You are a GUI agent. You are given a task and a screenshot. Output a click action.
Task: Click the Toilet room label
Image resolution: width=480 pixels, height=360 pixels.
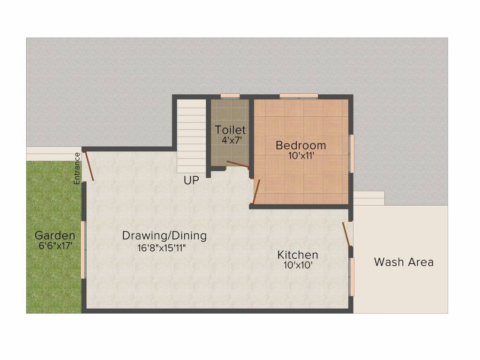click(x=230, y=129)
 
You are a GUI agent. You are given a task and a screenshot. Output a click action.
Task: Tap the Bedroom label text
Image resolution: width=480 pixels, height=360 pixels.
click(x=300, y=145)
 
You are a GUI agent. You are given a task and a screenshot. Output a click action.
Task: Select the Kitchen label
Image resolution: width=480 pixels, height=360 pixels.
click(x=298, y=255)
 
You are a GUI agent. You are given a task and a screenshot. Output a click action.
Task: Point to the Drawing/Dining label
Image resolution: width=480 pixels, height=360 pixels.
click(x=164, y=235)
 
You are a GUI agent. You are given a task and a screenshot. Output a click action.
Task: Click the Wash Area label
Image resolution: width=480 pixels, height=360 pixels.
click(x=404, y=262)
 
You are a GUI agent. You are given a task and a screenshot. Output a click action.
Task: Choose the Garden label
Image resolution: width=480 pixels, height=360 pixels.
click(x=55, y=235)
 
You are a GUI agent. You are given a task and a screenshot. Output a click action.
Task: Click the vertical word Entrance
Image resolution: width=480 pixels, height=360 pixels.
click(x=77, y=168)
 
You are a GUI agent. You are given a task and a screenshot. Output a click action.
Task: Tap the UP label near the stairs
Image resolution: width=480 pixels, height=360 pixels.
click(x=191, y=180)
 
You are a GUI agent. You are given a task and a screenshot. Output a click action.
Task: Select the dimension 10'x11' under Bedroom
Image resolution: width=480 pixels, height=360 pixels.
click(x=301, y=155)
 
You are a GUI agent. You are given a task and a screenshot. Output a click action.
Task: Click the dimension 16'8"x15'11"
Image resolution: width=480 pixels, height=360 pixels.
click(x=162, y=248)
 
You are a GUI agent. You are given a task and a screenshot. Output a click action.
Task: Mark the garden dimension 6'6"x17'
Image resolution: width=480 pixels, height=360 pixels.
click(x=55, y=246)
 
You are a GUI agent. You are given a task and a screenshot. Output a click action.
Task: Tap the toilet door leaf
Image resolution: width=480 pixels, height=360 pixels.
click(x=237, y=164)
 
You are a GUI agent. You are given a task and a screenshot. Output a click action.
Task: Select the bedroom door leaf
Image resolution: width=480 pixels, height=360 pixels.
click(x=256, y=192)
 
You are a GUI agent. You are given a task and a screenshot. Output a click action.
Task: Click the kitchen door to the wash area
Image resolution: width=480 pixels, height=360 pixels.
click(x=346, y=234)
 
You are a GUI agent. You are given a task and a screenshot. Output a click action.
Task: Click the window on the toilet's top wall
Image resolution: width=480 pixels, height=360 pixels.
click(x=230, y=96)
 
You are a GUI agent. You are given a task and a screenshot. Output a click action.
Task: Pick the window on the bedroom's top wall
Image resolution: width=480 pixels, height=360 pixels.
click(x=299, y=96)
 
